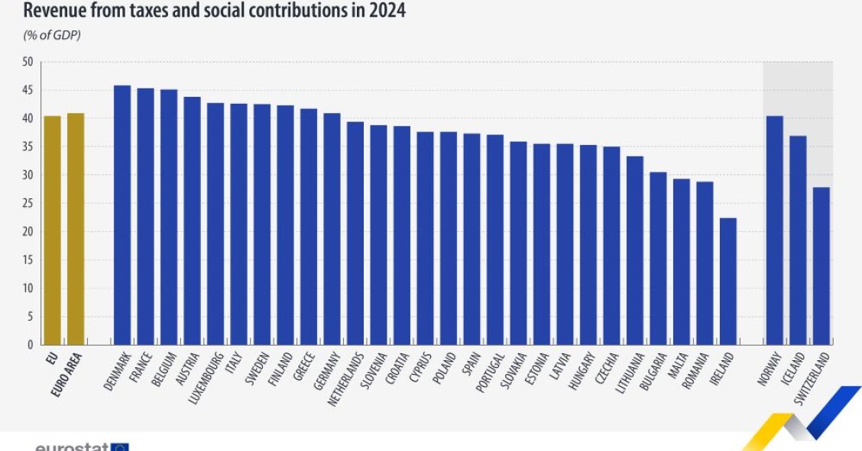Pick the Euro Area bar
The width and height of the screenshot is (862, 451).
click(76, 229)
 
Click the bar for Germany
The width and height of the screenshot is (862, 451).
click(332, 229)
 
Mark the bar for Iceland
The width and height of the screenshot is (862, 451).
click(798, 240)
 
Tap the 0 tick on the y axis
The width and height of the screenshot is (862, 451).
click(30, 345)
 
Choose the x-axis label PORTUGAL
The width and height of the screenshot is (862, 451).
click(490, 372)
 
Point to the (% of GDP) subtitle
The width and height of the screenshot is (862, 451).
click(53, 35)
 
